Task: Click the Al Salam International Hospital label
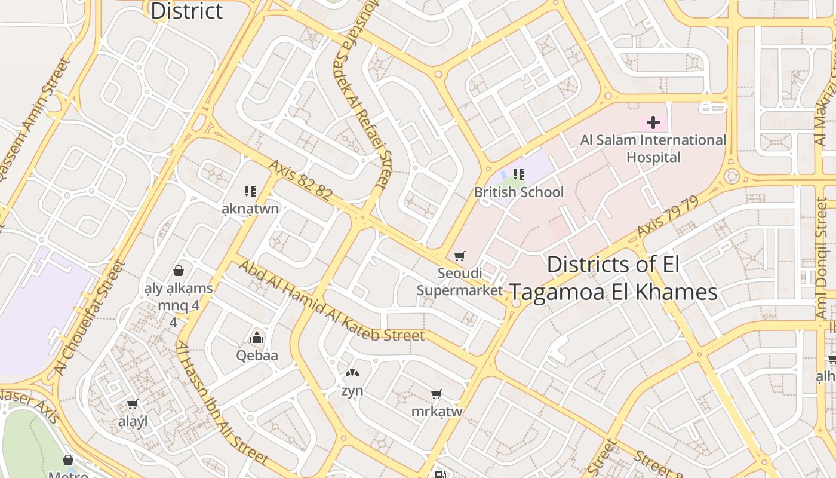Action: [x=653, y=149]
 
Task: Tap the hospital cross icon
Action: [x=653, y=123]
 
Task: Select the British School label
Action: [x=518, y=192]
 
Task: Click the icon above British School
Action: [x=518, y=174]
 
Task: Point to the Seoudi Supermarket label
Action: [x=460, y=282]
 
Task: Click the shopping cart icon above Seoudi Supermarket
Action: [x=460, y=256]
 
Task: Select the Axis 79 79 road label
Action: [x=667, y=217]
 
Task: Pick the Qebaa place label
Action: [x=257, y=356]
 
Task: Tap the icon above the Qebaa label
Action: [x=257, y=338]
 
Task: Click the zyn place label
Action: [x=352, y=391]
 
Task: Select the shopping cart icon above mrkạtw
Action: [x=437, y=394]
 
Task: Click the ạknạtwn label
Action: [x=250, y=209]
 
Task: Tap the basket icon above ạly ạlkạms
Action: [x=178, y=271]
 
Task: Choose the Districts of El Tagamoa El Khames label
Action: [x=613, y=278]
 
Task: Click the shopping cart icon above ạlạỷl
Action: [x=133, y=405]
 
